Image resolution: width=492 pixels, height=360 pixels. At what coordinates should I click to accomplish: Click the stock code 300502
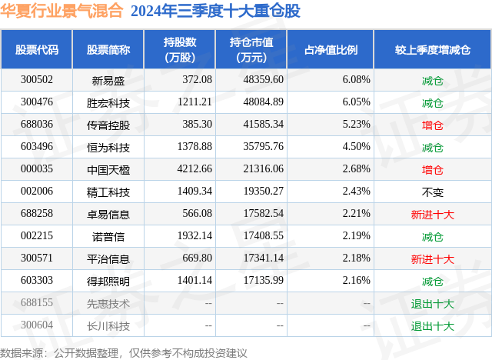tap(37, 80)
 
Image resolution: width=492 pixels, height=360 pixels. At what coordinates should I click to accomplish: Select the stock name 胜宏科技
tap(108, 102)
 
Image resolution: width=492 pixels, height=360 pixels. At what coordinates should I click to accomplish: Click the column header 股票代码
tap(37, 49)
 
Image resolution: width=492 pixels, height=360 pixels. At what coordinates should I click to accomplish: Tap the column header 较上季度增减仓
tap(433, 49)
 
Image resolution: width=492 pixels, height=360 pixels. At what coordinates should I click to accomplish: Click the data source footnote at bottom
tap(124, 352)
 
